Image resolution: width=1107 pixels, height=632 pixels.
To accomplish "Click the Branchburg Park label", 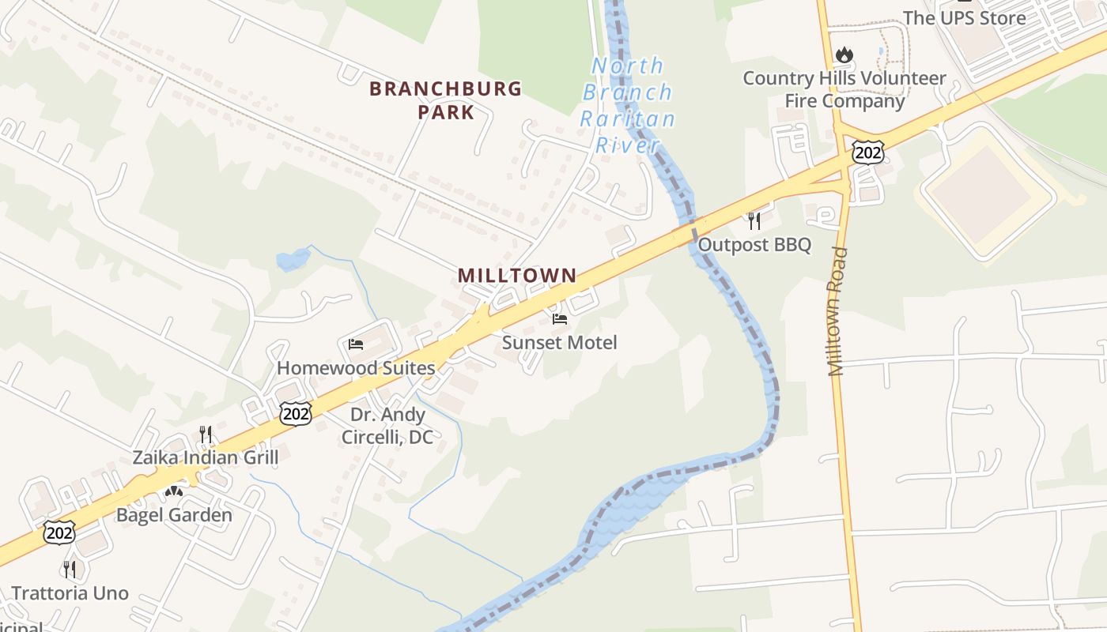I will click(445, 100).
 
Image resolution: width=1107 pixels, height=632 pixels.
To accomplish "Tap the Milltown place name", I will click(517, 276).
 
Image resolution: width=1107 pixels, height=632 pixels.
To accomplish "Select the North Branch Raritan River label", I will click(628, 106).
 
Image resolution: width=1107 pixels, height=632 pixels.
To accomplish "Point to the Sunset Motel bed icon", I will click(560, 319).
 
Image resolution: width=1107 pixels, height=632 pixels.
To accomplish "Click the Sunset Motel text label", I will click(559, 342).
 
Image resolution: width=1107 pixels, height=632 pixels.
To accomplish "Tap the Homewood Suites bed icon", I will click(356, 344).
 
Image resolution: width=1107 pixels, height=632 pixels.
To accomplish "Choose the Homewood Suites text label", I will click(356, 367).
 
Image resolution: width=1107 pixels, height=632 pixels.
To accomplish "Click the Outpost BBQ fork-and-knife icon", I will click(754, 221).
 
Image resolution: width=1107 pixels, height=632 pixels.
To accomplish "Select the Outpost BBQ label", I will click(754, 245).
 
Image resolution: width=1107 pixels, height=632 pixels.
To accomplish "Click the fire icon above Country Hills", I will click(844, 55).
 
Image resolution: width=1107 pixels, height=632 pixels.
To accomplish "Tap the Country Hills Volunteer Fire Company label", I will click(844, 89).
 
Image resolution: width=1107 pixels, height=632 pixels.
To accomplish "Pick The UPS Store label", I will click(964, 17).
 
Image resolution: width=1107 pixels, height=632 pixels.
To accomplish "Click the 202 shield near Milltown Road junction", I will click(867, 152).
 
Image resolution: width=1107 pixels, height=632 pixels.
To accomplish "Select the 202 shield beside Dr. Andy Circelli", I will click(294, 413).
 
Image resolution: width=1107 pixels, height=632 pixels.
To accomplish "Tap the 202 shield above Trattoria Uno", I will click(59, 533).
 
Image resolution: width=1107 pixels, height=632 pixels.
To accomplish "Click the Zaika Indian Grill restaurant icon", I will click(206, 434).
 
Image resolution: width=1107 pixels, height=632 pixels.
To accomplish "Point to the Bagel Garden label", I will click(174, 515).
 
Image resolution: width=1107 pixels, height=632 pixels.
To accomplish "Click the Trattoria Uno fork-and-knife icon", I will click(70, 569).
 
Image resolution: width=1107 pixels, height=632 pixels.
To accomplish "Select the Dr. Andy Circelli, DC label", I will click(387, 425).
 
